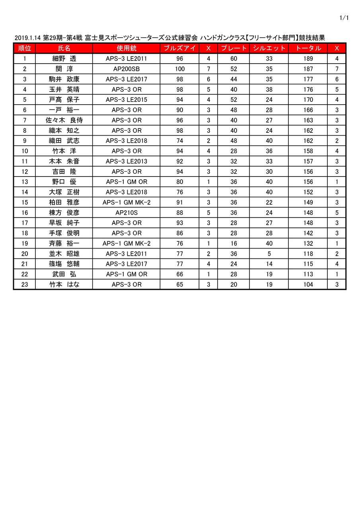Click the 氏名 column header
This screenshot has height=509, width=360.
tap(64, 48)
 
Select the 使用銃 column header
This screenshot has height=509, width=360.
tap(126, 48)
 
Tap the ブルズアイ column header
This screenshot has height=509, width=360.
tap(180, 48)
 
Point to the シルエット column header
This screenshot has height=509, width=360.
tap(269, 48)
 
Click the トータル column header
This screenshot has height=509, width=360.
tap(308, 48)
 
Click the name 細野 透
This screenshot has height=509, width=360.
tap(64, 59)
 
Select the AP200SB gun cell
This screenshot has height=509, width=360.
tap(126, 69)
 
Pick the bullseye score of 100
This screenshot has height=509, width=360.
tap(180, 69)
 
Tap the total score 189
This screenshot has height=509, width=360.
tap(308, 59)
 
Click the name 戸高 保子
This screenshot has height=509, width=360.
tap(64, 100)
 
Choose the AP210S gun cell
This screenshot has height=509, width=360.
tap(126, 213)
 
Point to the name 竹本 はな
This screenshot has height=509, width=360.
tap(64, 285)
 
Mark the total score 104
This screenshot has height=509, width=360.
tap(308, 285)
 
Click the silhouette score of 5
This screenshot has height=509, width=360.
tap(269, 254)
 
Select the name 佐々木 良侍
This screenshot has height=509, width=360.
tap(64, 120)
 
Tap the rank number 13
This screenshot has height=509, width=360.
tap(25, 182)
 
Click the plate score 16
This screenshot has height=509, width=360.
tap(234, 243)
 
